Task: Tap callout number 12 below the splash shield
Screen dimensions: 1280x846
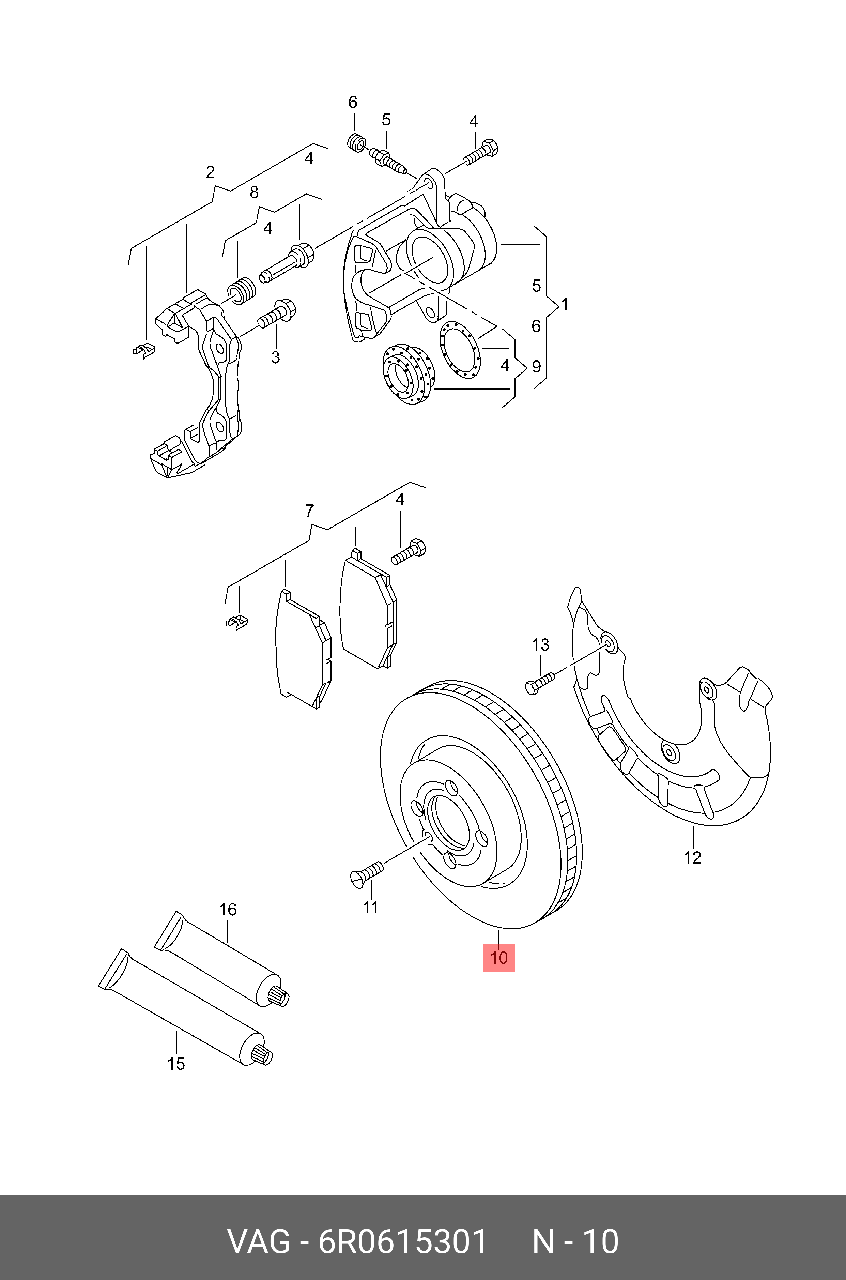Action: tap(692, 857)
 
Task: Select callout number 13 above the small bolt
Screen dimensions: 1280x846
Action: tap(540, 644)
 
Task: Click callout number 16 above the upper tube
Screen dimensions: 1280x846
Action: tap(228, 909)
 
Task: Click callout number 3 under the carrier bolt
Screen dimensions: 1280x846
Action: tap(275, 357)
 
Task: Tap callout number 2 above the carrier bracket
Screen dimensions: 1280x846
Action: tap(211, 172)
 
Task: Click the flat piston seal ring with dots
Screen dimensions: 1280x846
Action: tap(459, 349)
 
